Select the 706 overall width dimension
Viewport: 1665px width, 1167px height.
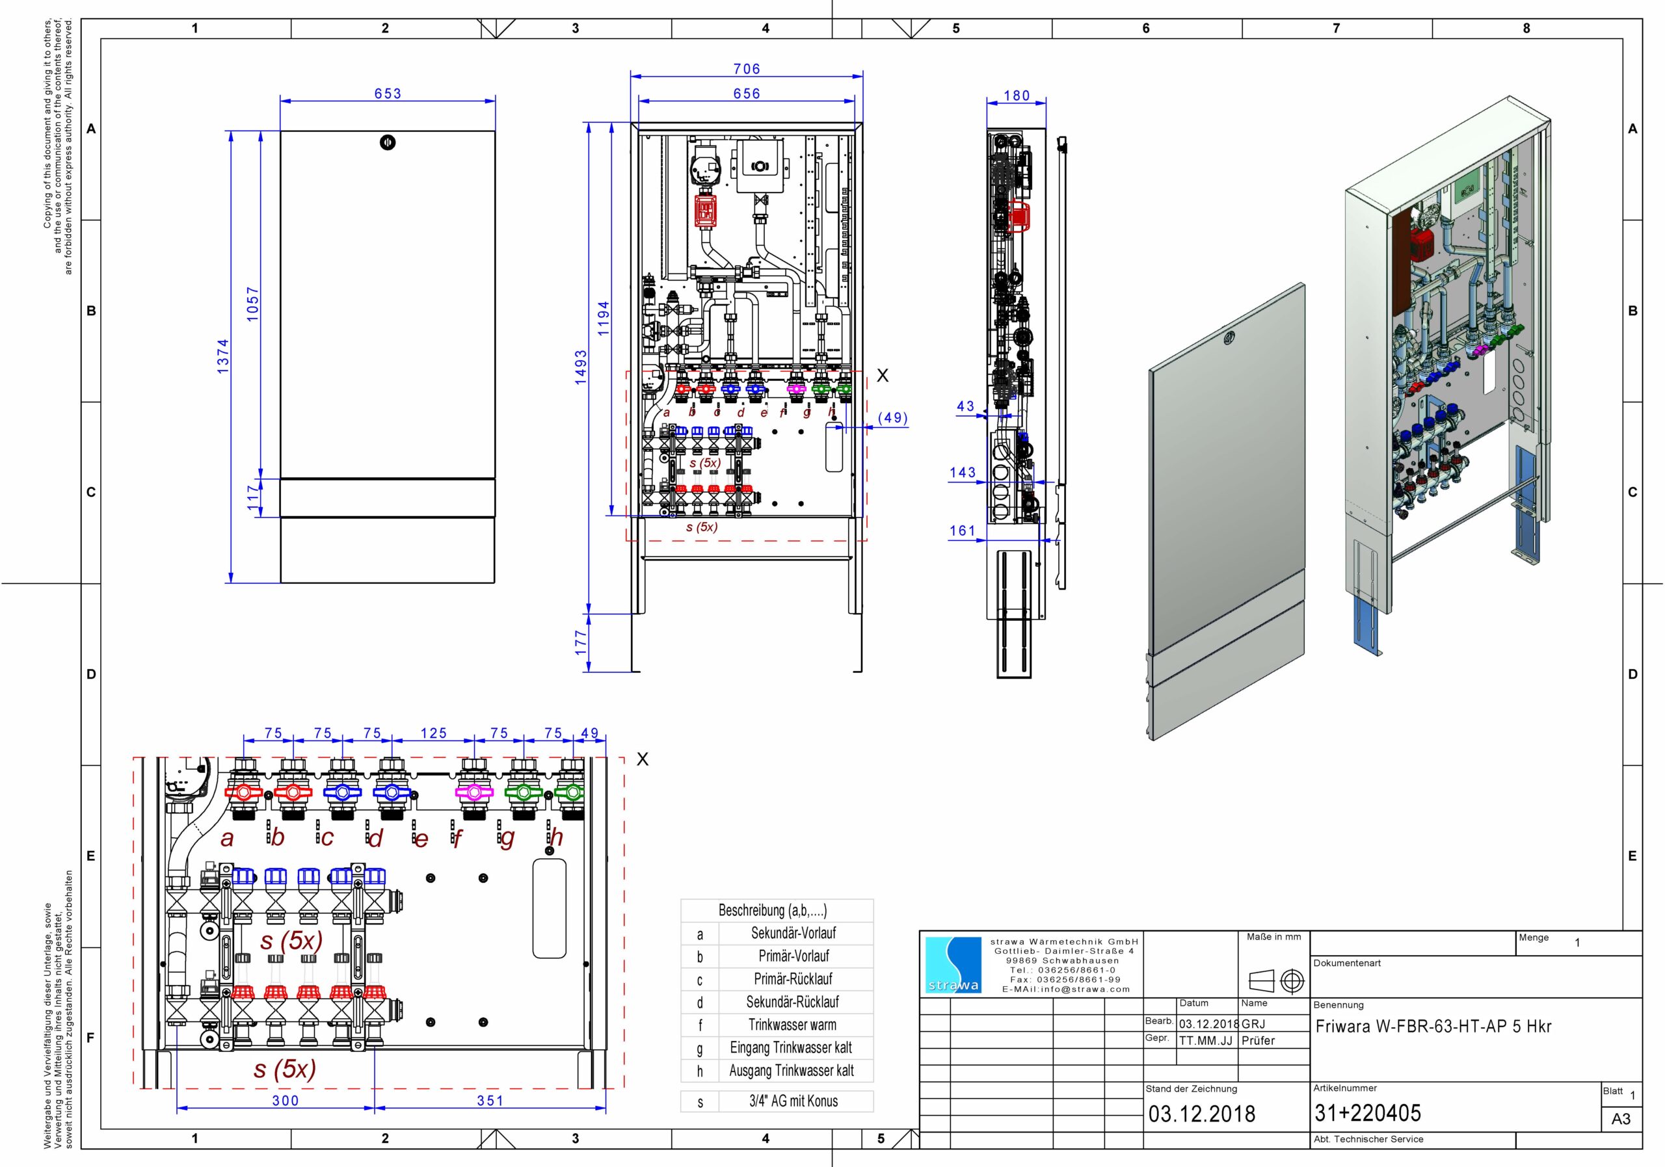(747, 69)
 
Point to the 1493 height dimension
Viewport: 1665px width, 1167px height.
(581, 367)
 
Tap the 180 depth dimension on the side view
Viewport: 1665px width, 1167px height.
(1017, 96)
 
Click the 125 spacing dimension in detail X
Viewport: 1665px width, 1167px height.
(434, 733)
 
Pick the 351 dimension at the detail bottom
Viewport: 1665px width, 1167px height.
(490, 1100)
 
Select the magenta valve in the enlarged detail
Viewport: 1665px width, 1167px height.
(473, 793)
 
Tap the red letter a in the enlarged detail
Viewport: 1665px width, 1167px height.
(227, 839)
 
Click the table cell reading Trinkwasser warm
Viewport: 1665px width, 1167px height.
(793, 1025)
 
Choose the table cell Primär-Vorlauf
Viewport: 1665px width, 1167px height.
(793, 956)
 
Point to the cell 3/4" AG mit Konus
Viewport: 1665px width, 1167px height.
(793, 1101)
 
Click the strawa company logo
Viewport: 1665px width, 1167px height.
(953, 965)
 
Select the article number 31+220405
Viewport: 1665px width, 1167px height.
(1368, 1112)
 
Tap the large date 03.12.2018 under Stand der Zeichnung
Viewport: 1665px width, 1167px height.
(1202, 1113)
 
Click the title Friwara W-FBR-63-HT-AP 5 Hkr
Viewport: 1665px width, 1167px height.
(1433, 1027)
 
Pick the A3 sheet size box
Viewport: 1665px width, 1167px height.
(1621, 1119)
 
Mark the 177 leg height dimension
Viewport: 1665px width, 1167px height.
(581, 643)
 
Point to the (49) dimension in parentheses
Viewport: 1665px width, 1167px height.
(892, 418)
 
